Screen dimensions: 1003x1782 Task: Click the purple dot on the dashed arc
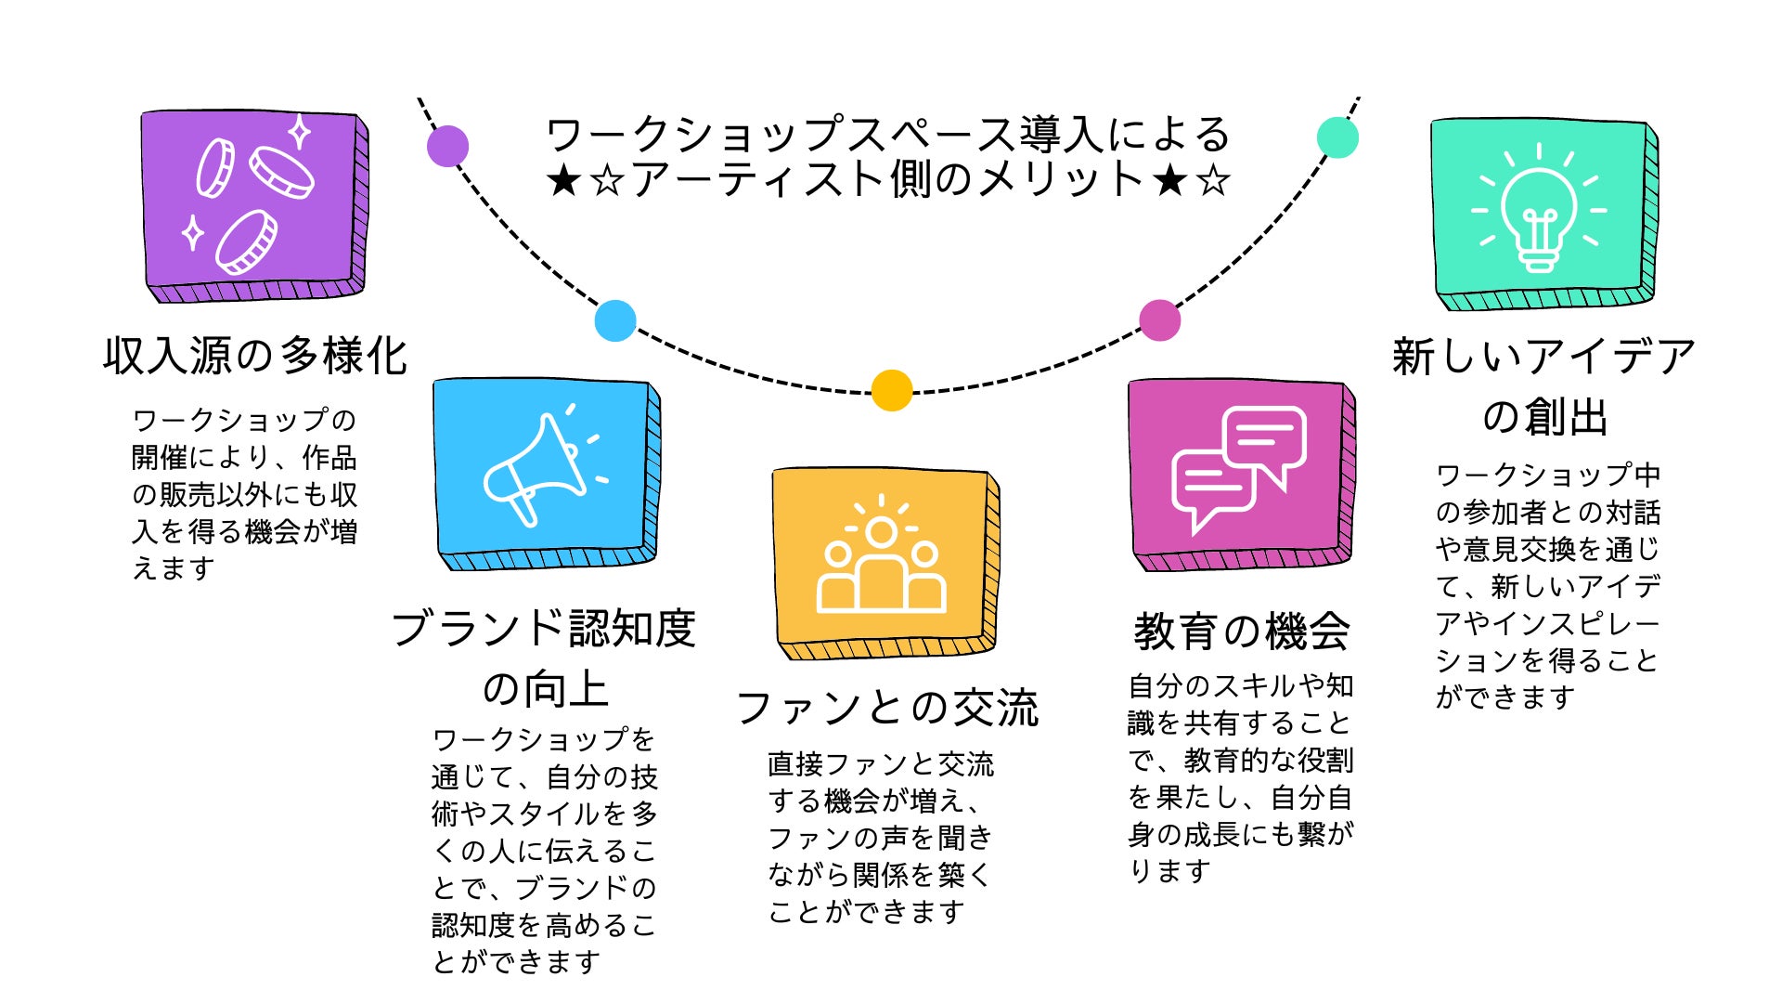(447, 146)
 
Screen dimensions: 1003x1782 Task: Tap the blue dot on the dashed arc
(615, 320)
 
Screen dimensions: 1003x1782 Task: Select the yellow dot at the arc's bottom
(892, 390)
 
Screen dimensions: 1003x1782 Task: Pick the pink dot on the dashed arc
(1159, 320)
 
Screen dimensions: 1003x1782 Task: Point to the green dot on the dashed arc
(1337, 137)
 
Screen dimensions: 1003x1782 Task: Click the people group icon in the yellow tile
(881, 560)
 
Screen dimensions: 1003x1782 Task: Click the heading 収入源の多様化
(255, 356)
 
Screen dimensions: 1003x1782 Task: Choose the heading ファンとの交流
(887, 708)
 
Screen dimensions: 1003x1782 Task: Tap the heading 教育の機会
(1241, 632)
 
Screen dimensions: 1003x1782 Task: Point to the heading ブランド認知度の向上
(544, 658)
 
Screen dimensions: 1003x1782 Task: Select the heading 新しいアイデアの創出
(1543, 386)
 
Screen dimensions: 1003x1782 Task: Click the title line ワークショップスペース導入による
(888, 135)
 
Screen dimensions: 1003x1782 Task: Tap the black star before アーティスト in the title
(563, 180)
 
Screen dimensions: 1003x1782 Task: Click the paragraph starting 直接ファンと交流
(880, 838)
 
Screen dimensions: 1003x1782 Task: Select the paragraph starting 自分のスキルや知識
(1240, 778)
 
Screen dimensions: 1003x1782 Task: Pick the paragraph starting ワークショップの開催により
(244, 494)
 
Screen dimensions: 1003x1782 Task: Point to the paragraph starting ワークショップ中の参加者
(1547, 586)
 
